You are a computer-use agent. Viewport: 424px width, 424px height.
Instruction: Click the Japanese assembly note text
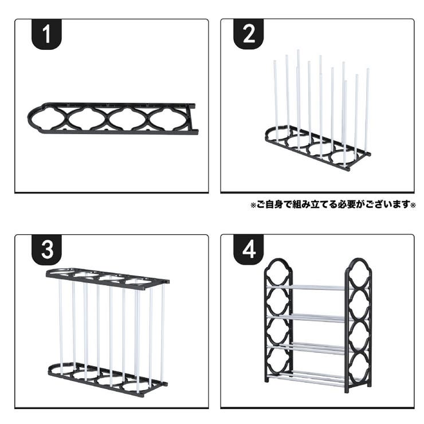(x=332, y=205)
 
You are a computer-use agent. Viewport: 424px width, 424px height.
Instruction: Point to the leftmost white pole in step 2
(x=276, y=97)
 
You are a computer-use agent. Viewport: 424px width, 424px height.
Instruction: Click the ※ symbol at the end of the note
(x=413, y=205)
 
